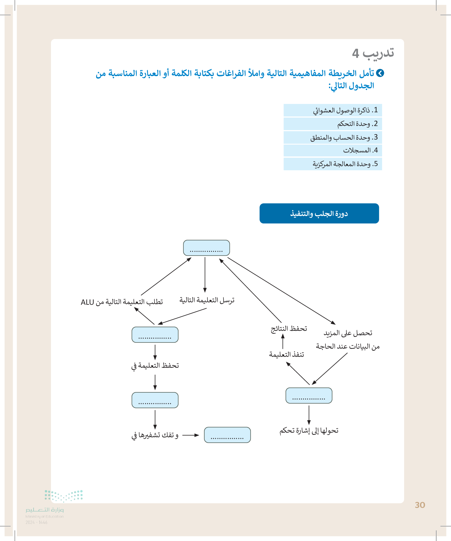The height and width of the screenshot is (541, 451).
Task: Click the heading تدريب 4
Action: tap(373, 53)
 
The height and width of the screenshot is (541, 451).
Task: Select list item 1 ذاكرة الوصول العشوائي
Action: tap(332, 110)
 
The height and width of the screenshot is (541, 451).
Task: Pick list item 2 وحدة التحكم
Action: tap(332, 124)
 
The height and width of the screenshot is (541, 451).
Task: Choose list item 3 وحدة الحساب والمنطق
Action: tap(332, 137)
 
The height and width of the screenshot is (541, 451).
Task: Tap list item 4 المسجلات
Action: tap(332, 150)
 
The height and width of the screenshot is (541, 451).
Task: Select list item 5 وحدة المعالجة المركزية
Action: tap(332, 164)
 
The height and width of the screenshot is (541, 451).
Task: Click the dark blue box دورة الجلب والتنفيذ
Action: tap(319, 213)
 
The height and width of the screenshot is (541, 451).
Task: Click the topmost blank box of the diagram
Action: tap(206, 248)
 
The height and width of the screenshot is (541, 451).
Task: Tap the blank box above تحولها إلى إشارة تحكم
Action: tap(309, 395)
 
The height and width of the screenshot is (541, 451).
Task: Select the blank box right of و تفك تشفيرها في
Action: tap(227, 435)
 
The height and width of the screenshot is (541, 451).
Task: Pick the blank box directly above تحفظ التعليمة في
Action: tap(155, 335)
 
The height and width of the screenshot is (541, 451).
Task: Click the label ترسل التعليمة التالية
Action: tap(207, 300)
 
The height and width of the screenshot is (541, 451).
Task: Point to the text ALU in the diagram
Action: tap(87, 302)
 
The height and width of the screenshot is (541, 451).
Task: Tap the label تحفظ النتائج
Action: tap(289, 329)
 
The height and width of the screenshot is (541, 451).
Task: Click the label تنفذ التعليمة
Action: tap(286, 354)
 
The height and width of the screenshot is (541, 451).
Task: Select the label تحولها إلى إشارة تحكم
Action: tap(309, 431)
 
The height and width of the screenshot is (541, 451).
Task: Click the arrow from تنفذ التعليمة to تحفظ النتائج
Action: tap(283, 341)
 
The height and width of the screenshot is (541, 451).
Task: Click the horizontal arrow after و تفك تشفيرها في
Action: tap(191, 435)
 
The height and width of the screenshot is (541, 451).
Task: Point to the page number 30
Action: tap(420, 505)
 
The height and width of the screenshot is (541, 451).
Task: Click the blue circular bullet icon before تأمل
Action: tap(380, 73)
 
